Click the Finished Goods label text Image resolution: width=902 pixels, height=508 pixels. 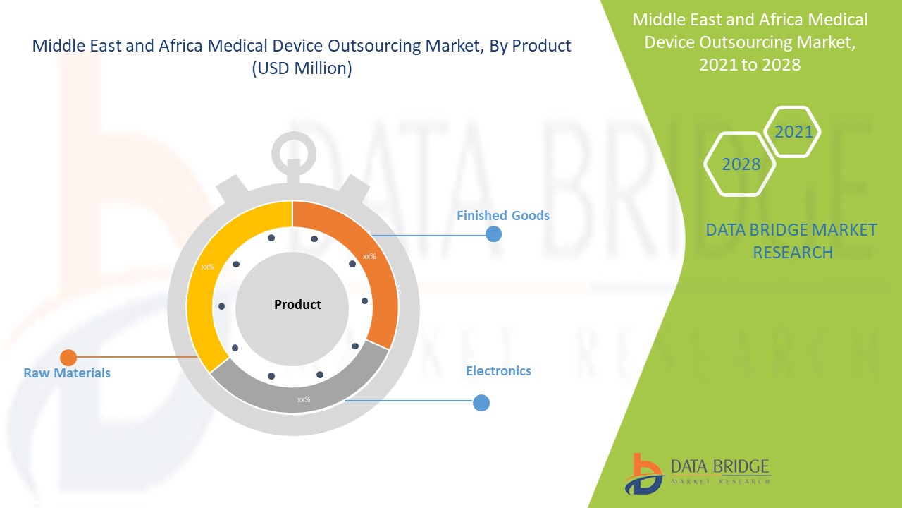pos(502,215)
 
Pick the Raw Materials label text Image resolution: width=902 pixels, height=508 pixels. pos(67,373)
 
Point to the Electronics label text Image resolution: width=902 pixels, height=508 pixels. pos(498,370)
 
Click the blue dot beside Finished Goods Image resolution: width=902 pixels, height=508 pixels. pos(493,234)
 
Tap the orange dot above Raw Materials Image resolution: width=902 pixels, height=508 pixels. pos(68,358)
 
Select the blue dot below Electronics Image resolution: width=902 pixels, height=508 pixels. pos(481,403)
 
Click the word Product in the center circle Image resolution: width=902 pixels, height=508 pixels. pos(297,305)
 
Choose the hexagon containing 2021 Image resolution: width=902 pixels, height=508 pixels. pos(793,131)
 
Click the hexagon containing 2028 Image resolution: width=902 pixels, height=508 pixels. pos(741,164)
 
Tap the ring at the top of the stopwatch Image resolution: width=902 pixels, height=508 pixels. pos(292,150)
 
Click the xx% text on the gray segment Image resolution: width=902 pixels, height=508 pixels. pos(304,399)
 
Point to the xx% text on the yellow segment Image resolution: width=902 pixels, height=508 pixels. pos(208,267)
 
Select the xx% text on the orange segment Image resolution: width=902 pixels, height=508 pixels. pos(369,256)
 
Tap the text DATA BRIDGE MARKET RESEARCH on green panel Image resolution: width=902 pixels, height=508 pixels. pos(791,241)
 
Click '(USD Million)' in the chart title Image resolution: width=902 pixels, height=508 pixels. pos(302,68)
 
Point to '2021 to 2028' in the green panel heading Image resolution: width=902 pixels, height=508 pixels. pos(750,64)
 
